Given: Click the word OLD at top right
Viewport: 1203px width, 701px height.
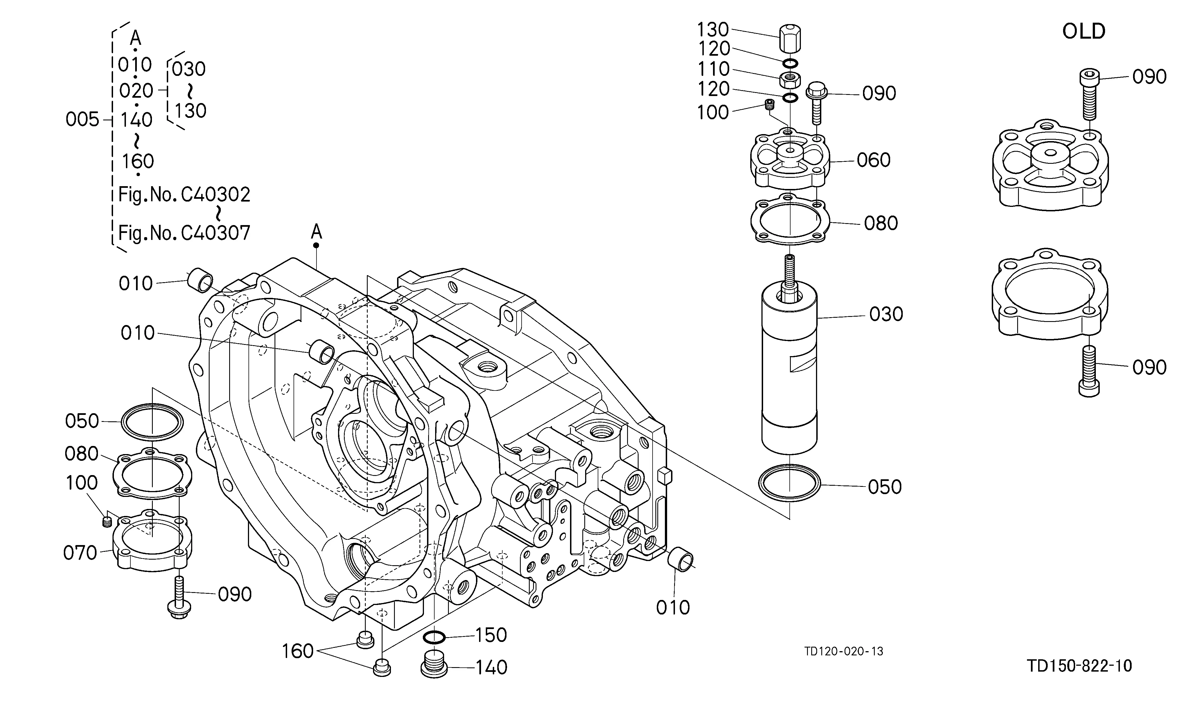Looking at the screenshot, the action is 1084,32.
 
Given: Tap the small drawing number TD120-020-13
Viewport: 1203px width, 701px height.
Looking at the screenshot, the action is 843,651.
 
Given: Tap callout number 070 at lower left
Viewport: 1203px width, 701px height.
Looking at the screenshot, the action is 80,553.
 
